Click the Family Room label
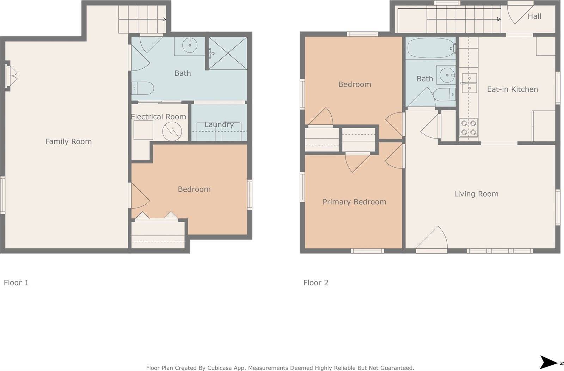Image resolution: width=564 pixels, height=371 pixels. pos(68,141)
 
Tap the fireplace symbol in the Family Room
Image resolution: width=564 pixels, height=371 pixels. pos(12,76)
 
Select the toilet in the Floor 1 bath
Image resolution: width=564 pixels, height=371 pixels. pos(143,88)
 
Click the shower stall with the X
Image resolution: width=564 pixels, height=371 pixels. pos(228,53)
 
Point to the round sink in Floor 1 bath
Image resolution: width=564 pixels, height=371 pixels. pos(190,45)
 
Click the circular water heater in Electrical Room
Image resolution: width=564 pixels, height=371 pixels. pos(172,131)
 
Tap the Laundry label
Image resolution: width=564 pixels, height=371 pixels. pos(219,124)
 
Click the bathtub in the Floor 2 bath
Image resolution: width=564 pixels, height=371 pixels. pos(430,48)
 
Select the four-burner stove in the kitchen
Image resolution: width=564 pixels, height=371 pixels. pos(469,128)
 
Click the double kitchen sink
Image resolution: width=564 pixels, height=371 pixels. pos(469,83)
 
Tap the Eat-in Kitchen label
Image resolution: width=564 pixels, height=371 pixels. pos(512,89)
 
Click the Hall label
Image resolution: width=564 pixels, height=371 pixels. pos(534,16)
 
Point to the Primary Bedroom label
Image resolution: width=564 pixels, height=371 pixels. pos(354,202)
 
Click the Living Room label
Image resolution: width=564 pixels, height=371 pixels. pos(476,193)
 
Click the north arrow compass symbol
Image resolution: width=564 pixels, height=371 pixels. pos(549,362)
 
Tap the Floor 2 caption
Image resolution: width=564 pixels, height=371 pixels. pos(315,283)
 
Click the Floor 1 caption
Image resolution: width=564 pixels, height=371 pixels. pos(16,283)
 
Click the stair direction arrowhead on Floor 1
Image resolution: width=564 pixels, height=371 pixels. pos(164,19)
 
